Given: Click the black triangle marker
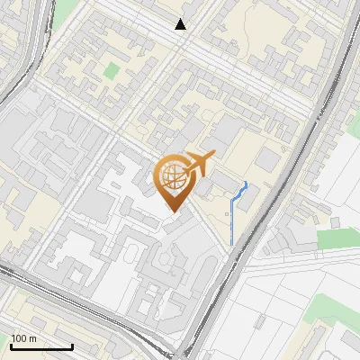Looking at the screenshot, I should tap(181, 24).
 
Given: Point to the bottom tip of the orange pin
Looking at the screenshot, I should tap(171, 211).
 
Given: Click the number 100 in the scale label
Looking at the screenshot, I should tap(18, 338).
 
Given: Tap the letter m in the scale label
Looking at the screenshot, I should tap(31, 338).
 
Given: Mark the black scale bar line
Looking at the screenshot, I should tap(41, 346).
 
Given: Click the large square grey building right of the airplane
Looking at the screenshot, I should tap(267, 158).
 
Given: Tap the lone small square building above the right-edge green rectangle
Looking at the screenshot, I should tap(336, 221).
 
